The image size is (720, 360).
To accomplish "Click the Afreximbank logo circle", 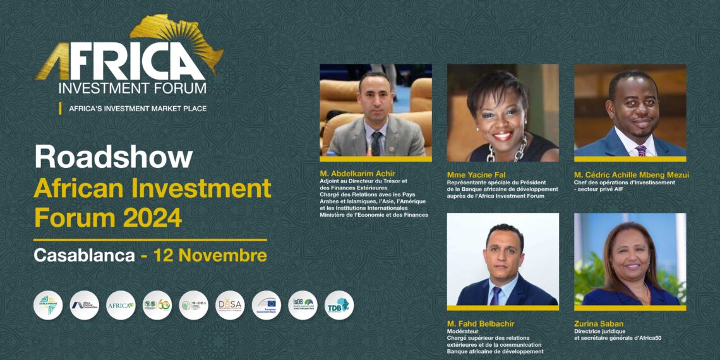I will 48,305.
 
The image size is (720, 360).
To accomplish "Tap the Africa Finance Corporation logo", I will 85,305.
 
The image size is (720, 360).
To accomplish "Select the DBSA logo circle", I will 230,305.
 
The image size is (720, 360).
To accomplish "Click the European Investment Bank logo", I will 267,305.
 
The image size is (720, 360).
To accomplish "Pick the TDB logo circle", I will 339,305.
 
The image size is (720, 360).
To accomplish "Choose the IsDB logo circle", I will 303,305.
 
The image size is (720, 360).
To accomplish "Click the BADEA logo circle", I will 194,305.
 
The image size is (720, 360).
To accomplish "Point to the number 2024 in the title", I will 152,218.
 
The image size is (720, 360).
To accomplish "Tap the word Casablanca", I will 85,256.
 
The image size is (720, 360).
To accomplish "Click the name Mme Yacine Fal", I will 472,173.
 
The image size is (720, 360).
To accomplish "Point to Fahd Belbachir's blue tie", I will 496,294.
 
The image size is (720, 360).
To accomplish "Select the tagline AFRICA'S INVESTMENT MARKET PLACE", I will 138,109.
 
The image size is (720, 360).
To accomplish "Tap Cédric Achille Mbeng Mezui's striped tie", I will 640,150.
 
